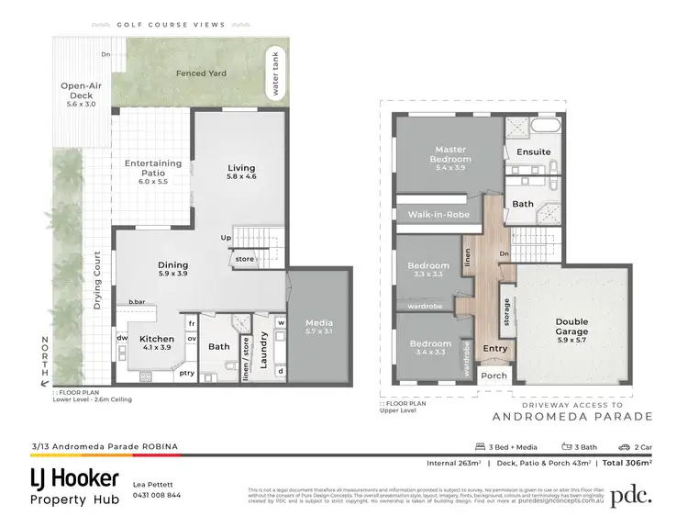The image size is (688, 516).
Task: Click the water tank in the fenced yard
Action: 272,73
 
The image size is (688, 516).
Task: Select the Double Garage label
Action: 572,327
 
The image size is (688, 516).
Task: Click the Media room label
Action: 319,323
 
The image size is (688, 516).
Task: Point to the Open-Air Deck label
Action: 80,91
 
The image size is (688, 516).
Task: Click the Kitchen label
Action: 157,338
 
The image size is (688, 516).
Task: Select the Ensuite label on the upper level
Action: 533,151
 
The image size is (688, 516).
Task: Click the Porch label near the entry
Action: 494,376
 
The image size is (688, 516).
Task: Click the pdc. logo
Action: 633,495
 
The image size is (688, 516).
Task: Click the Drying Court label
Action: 97,279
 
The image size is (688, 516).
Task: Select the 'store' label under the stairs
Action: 244,259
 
